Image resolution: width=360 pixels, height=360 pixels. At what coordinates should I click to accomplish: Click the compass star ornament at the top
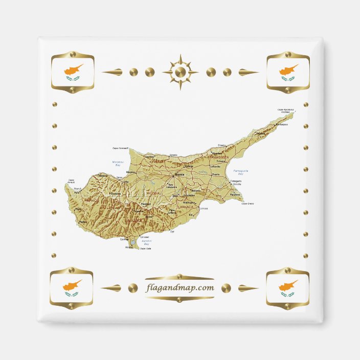[x=180, y=72]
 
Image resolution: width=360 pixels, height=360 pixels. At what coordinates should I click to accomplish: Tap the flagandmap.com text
[x=179, y=287]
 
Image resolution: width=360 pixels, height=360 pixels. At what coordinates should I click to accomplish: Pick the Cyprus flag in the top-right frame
[x=288, y=72]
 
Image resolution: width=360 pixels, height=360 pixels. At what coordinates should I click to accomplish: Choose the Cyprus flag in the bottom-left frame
[x=72, y=288]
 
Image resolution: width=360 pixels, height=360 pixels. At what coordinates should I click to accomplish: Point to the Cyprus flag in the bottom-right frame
[x=288, y=288]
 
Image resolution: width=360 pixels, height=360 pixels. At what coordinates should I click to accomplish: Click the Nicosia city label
[x=179, y=175]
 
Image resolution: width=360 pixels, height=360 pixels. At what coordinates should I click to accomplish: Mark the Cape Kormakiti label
[x=121, y=148]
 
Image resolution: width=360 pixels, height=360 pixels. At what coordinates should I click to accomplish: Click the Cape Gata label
[x=145, y=249]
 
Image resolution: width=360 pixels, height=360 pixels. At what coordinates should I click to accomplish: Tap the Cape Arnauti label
[x=72, y=180]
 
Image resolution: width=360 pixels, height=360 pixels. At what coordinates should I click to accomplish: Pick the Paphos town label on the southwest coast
[x=77, y=209]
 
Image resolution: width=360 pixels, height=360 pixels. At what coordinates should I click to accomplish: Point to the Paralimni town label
[x=235, y=195]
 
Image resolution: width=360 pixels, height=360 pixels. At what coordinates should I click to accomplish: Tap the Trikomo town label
[x=220, y=161]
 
